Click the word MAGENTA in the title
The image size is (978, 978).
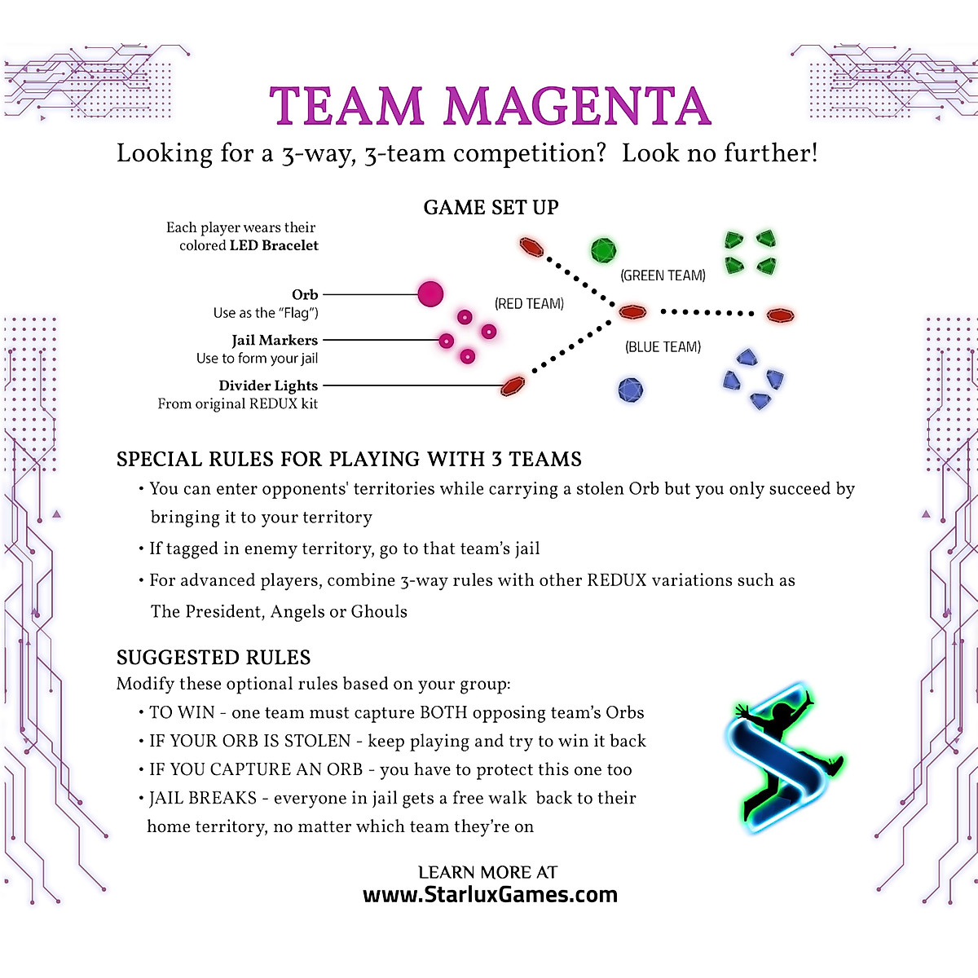577,107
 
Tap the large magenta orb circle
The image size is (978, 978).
430,293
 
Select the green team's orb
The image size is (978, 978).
603,250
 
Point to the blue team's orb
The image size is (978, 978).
630,390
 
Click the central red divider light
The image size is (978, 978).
632,311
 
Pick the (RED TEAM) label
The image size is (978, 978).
529,304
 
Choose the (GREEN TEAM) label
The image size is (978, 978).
663,275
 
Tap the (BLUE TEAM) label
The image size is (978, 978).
663,347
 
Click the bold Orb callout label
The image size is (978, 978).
305,294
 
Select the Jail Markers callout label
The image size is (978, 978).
275,340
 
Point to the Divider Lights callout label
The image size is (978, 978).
268,385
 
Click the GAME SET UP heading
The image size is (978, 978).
491,208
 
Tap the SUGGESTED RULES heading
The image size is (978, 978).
214,658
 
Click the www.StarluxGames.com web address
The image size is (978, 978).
490,895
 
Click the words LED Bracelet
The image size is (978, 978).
274,245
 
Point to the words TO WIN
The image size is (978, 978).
183,713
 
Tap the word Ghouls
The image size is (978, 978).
379,611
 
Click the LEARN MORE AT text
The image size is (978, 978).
487,872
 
